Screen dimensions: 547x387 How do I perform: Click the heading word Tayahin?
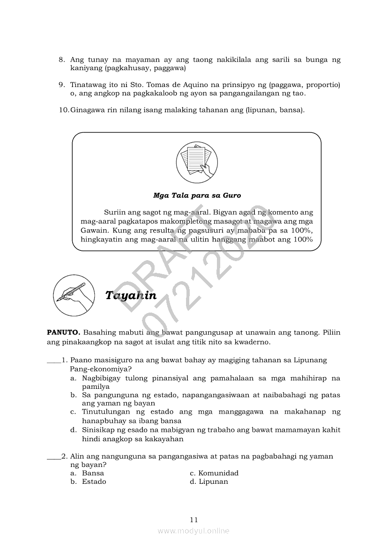click(131, 295)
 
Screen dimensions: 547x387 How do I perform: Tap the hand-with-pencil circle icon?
click(72, 295)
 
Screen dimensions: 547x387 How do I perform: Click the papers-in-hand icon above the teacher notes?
click(197, 161)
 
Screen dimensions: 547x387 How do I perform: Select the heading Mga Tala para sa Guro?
click(197, 195)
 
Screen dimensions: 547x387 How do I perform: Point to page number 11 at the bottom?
click(194, 519)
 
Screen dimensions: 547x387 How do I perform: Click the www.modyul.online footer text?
click(193, 531)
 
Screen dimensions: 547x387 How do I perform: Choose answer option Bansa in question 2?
click(93, 473)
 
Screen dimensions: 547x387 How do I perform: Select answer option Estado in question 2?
click(94, 481)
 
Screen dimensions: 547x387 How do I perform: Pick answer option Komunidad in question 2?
click(218, 473)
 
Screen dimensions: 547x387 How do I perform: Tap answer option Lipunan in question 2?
click(213, 481)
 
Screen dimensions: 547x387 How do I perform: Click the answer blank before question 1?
click(54, 361)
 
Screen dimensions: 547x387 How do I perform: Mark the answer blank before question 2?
click(54, 456)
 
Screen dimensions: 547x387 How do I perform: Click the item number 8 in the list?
click(61, 60)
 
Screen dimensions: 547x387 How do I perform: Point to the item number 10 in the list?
click(63, 110)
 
